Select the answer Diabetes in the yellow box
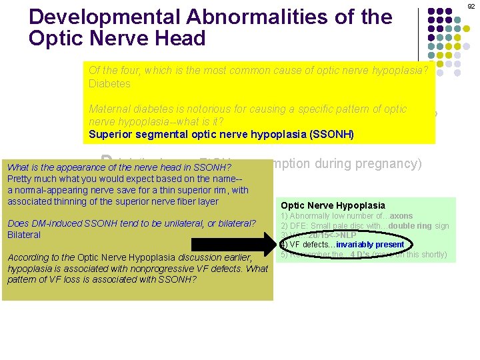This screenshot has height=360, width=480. coord(109,84)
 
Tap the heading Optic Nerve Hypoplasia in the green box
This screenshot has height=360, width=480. coord(333,206)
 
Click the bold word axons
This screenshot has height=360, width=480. coord(399,216)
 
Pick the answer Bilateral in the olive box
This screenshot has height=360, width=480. coord(24,235)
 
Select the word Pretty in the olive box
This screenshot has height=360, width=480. coord(20,179)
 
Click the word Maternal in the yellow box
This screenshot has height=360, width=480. coord(109,109)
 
